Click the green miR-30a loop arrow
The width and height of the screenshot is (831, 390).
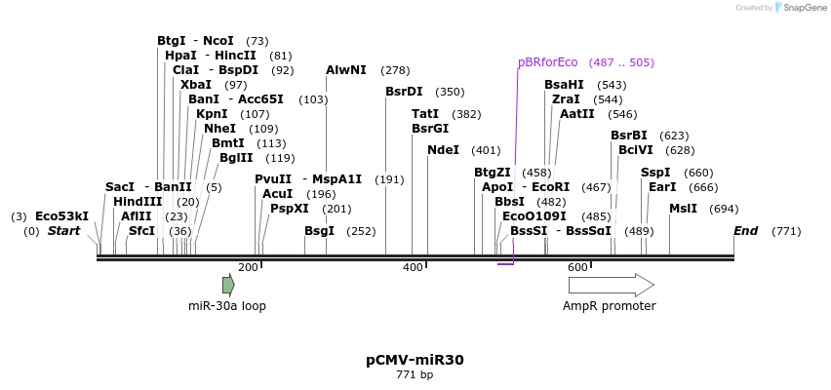click(x=228, y=285)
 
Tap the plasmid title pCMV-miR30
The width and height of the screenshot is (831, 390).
click(x=415, y=360)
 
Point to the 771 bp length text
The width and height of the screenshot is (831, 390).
click(x=415, y=375)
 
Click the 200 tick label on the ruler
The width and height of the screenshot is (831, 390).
click(x=248, y=267)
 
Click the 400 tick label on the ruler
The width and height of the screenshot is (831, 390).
click(x=413, y=267)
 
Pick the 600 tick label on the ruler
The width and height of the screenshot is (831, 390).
click(x=576, y=267)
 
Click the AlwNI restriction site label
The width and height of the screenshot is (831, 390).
click(x=346, y=70)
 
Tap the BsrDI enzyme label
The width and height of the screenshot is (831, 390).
click(x=404, y=92)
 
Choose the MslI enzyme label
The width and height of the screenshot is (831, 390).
click(x=683, y=209)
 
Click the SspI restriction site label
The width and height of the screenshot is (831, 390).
click(x=655, y=173)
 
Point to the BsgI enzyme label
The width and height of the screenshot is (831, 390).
click(x=319, y=231)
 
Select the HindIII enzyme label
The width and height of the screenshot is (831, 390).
click(x=138, y=202)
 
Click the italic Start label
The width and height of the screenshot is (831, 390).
click(x=63, y=231)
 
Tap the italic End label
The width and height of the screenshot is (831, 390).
click(x=745, y=231)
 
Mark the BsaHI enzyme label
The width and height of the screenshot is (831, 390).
click(x=564, y=85)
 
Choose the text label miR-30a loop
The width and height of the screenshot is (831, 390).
click(x=227, y=306)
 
